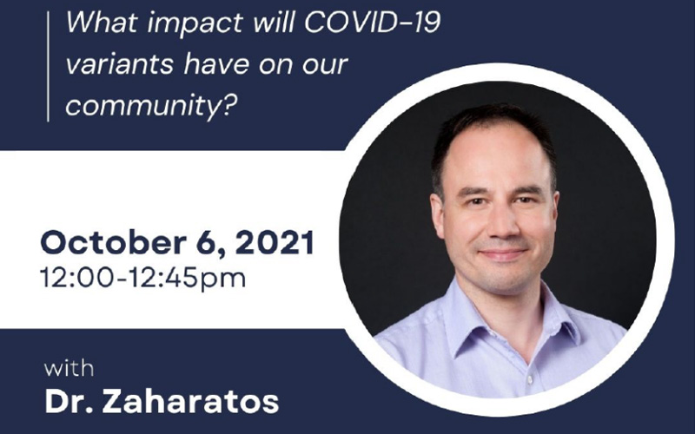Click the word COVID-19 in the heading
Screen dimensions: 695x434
pos(372,23)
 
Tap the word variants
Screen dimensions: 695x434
pos(119,64)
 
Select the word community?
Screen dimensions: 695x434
pos(149,105)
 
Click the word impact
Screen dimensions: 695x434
pos(195,24)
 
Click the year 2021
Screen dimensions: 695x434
pos(275,243)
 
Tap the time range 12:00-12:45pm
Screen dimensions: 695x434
pos(142,279)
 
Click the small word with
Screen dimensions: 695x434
pos(69,368)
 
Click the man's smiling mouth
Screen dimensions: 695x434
pos(503,253)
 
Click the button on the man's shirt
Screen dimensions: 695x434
pos(530,380)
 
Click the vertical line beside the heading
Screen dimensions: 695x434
pos(48,67)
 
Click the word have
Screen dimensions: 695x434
pos(216,63)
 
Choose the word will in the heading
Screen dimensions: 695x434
pos(274,23)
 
